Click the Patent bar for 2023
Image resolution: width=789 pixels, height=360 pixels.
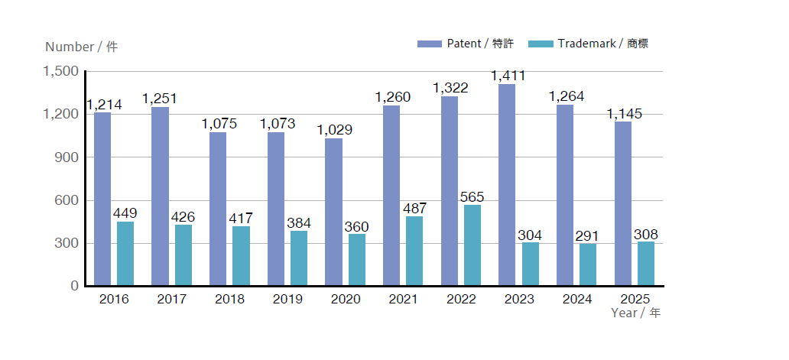point(507,185)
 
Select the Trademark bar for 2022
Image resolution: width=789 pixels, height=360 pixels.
point(472,245)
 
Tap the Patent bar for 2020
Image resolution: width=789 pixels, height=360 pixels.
point(333,212)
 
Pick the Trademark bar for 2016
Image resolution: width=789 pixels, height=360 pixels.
point(125,254)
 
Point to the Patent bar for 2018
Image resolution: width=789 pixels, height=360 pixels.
point(218,209)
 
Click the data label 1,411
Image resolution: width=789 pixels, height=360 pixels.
point(508,76)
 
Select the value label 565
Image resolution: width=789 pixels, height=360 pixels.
point(472,196)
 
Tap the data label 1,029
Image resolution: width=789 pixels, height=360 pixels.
point(335,130)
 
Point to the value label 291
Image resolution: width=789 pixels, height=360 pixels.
point(587,235)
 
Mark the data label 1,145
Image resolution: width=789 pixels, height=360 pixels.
point(625,114)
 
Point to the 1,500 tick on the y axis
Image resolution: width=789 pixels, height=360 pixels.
point(60,71)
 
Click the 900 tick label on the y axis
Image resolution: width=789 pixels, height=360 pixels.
point(67,157)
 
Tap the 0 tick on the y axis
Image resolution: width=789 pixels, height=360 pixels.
point(75,286)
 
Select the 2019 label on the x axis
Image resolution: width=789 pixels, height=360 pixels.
point(287,299)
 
